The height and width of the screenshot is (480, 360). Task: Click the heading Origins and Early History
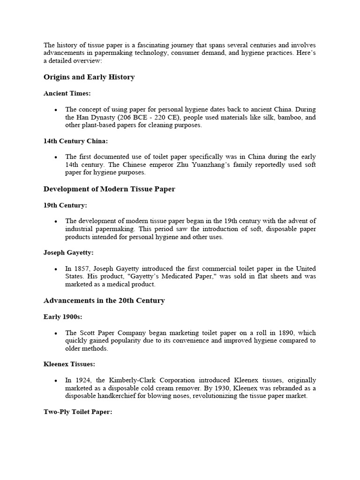click(89, 77)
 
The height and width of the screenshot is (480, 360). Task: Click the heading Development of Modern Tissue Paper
click(109, 189)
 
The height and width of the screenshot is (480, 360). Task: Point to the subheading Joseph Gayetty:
click(68, 253)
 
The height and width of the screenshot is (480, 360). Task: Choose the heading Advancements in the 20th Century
click(104, 300)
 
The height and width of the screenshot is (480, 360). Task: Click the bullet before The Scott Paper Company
click(56, 333)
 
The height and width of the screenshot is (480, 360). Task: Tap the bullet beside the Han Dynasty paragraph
click(56, 110)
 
